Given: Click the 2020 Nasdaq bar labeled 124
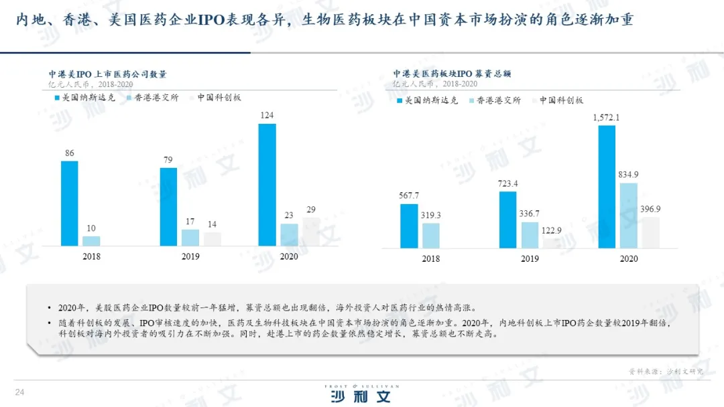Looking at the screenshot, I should point(267,185).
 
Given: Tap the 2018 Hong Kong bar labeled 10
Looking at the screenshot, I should point(91,241).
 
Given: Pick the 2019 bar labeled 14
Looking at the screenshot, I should point(212,239).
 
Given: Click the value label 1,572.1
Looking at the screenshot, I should point(606,118).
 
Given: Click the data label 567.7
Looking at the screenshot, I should point(408,195).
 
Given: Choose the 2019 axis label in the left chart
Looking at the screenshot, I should point(190,256).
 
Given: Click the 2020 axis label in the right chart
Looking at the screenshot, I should point(628,258).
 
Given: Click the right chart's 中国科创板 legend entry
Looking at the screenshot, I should point(560,100).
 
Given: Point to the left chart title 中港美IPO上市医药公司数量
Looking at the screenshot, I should point(107,74).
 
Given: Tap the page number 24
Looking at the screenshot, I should point(19,392).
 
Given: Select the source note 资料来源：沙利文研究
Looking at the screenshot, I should point(666,371).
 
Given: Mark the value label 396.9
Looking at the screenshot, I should point(650,209).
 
